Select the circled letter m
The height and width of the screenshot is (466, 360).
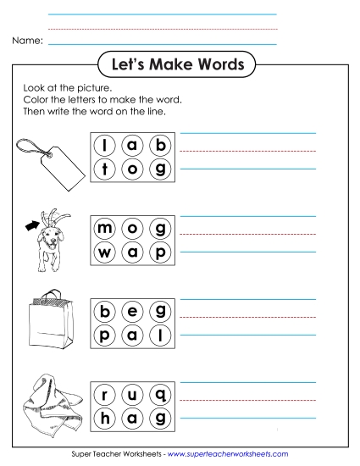pos(106,230)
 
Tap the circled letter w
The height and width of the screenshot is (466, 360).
pos(106,252)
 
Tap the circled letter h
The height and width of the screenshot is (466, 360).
pos(106,416)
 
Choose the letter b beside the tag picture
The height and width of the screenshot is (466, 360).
pos(158,146)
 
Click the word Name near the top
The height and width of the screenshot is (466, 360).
pos(28,41)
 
